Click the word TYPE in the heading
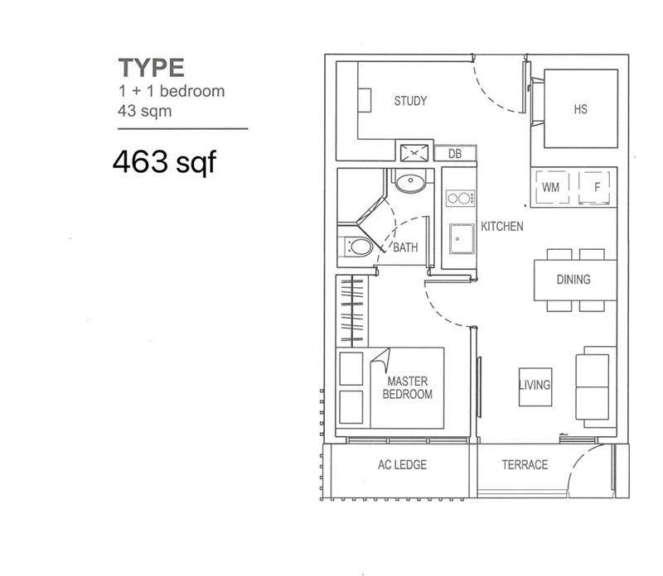click(x=151, y=67)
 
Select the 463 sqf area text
click(x=164, y=161)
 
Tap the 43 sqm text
click(x=145, y=111)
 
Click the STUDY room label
click(x=410, y=101)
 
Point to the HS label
click(x=580, y=108)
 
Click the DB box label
click(x=455, y=153)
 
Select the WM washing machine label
click(x=550, y=188)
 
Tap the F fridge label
click(x=597, y=188)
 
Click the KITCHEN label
click(x=502, y=226)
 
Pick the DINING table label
click(x=573, y=279)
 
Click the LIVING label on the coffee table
click(x=535, y=385)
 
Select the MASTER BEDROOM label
click(x=407, y=387)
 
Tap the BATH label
click(x=405, y=247)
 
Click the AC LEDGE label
click(x=402, y=464)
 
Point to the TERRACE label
click(x=525, y=464)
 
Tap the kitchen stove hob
click(x=460, y=198)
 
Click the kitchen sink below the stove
click(x=459, y=241)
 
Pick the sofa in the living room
click(x=595, y=386)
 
